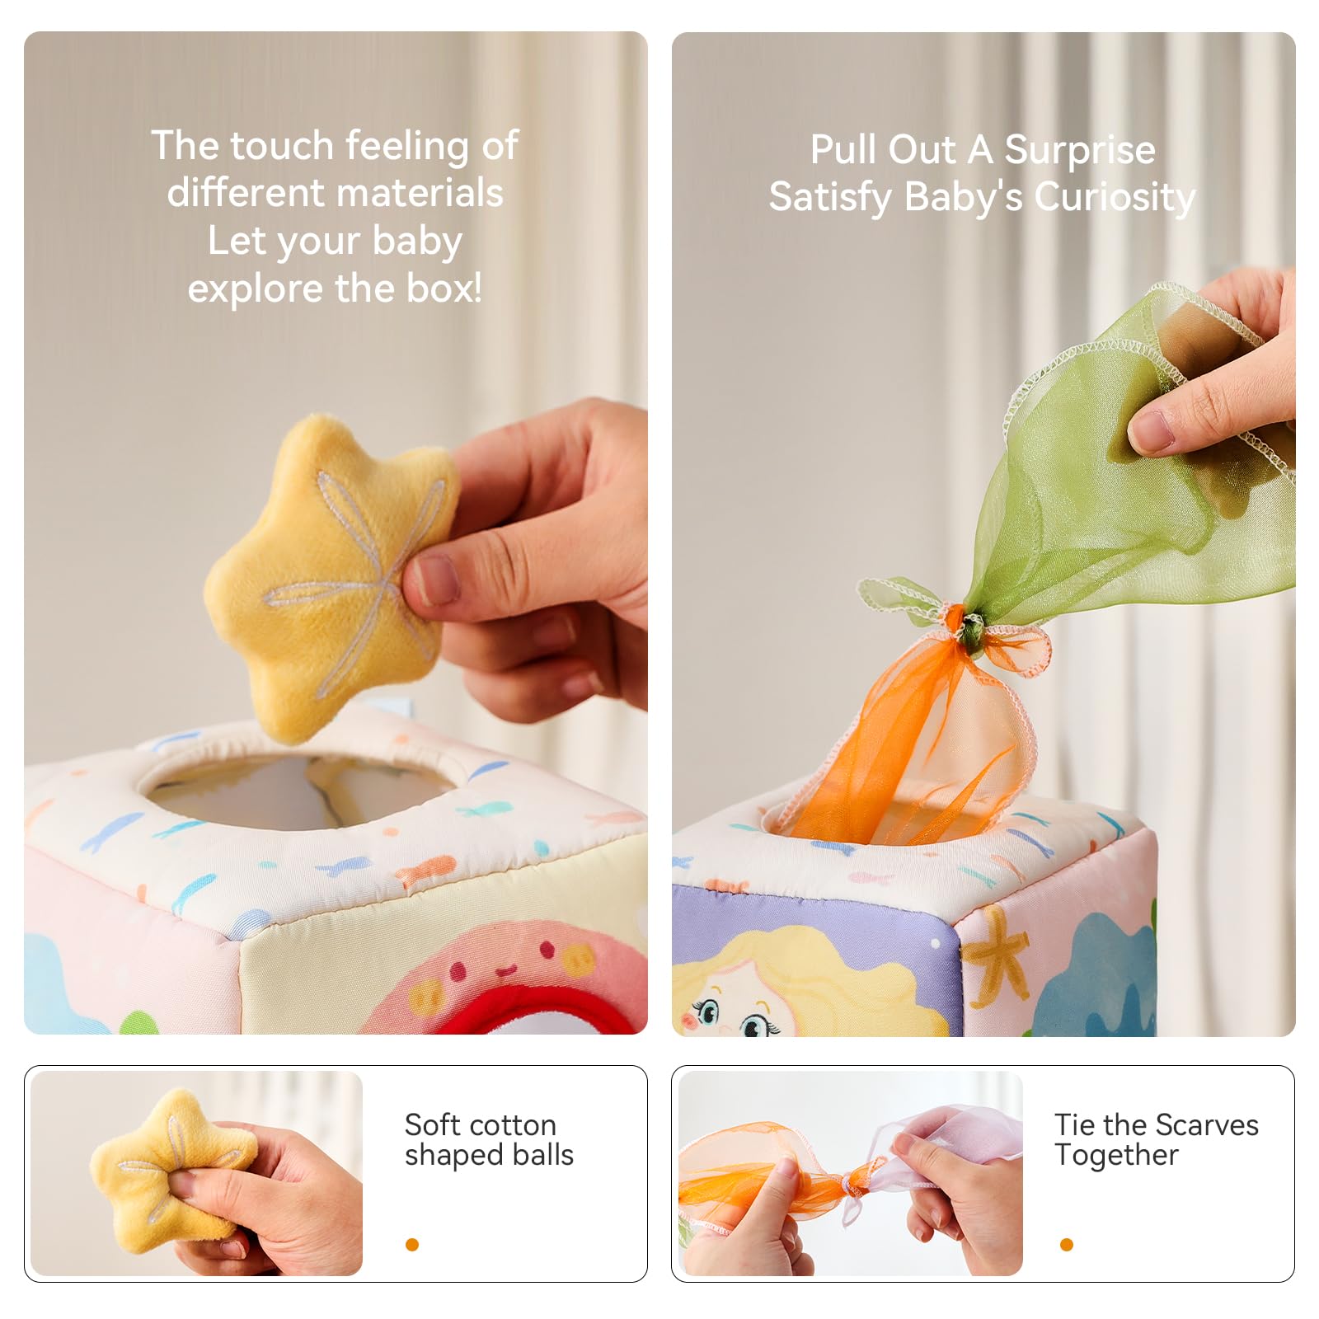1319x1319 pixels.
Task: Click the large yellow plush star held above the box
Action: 330,577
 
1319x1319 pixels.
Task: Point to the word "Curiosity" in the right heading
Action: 1115,199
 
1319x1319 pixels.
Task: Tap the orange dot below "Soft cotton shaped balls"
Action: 412,1245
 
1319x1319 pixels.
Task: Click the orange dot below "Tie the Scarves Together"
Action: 1067,1245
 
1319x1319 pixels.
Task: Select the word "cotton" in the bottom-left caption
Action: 509,1125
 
